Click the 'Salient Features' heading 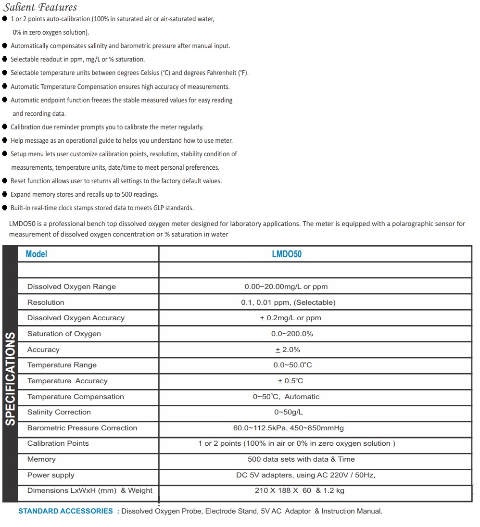[x=40, y=7]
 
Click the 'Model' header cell [x=37, y=254]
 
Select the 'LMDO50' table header [x=287, y=254]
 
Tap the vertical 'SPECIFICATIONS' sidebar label [x=10, y=379]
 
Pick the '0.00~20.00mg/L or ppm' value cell [x=286, y=287]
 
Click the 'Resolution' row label [x=46, y=302]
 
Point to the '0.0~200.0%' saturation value [x=292, y=334]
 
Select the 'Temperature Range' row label [x=62, y=365]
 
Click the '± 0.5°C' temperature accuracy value [x=291, y=381]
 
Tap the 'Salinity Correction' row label [x=59, y=412]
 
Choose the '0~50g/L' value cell [x=289, y=412]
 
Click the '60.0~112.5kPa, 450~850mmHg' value [x=289, y=428]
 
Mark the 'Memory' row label [x=41, y=459]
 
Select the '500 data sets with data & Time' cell [x=301, y=459]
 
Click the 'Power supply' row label [x=51, y=475]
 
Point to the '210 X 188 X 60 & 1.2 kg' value [x=299, y=490]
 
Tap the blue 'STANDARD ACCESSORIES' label [x=65, y=511]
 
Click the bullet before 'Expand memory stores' [x=5, y=194]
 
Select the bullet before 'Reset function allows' [x=5, y=181]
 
